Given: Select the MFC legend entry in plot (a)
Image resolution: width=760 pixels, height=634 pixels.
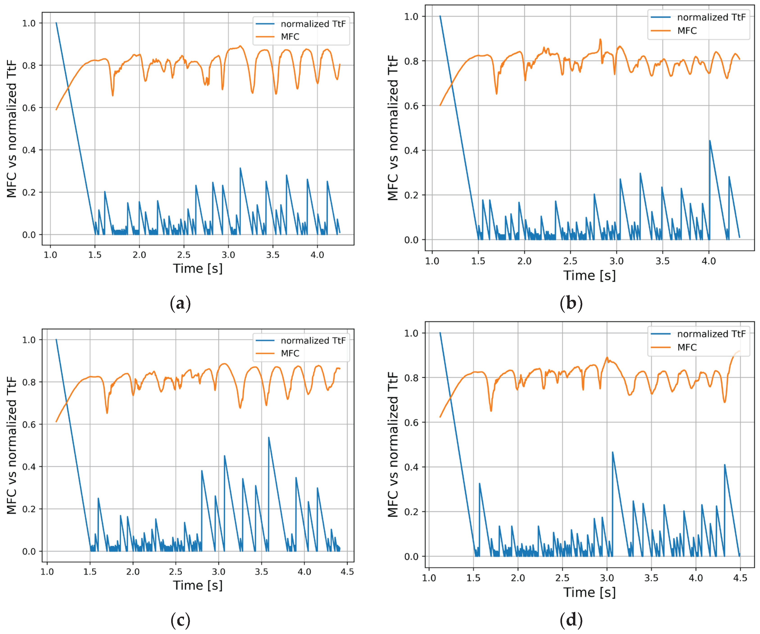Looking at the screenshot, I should [x=290, y=37].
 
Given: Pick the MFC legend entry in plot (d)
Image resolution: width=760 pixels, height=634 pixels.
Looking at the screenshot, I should [x=687, y=347].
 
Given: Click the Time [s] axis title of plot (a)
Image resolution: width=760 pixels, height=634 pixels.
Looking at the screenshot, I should [x=198, y=268].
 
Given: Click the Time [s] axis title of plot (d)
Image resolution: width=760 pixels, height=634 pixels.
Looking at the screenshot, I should [x=589, y=592].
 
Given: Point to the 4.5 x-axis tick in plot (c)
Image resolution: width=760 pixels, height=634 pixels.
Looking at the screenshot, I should [x=347, y=572].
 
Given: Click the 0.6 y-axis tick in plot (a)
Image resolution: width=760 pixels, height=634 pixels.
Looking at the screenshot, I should [x=29, y=108].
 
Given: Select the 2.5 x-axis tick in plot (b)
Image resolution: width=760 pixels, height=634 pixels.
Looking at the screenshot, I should [x=570, y=261].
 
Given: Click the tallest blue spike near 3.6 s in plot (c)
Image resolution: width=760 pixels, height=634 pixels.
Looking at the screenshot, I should [x=269, y=437].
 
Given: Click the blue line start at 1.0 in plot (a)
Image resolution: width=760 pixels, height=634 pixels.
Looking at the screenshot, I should [x=56, y=23].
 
